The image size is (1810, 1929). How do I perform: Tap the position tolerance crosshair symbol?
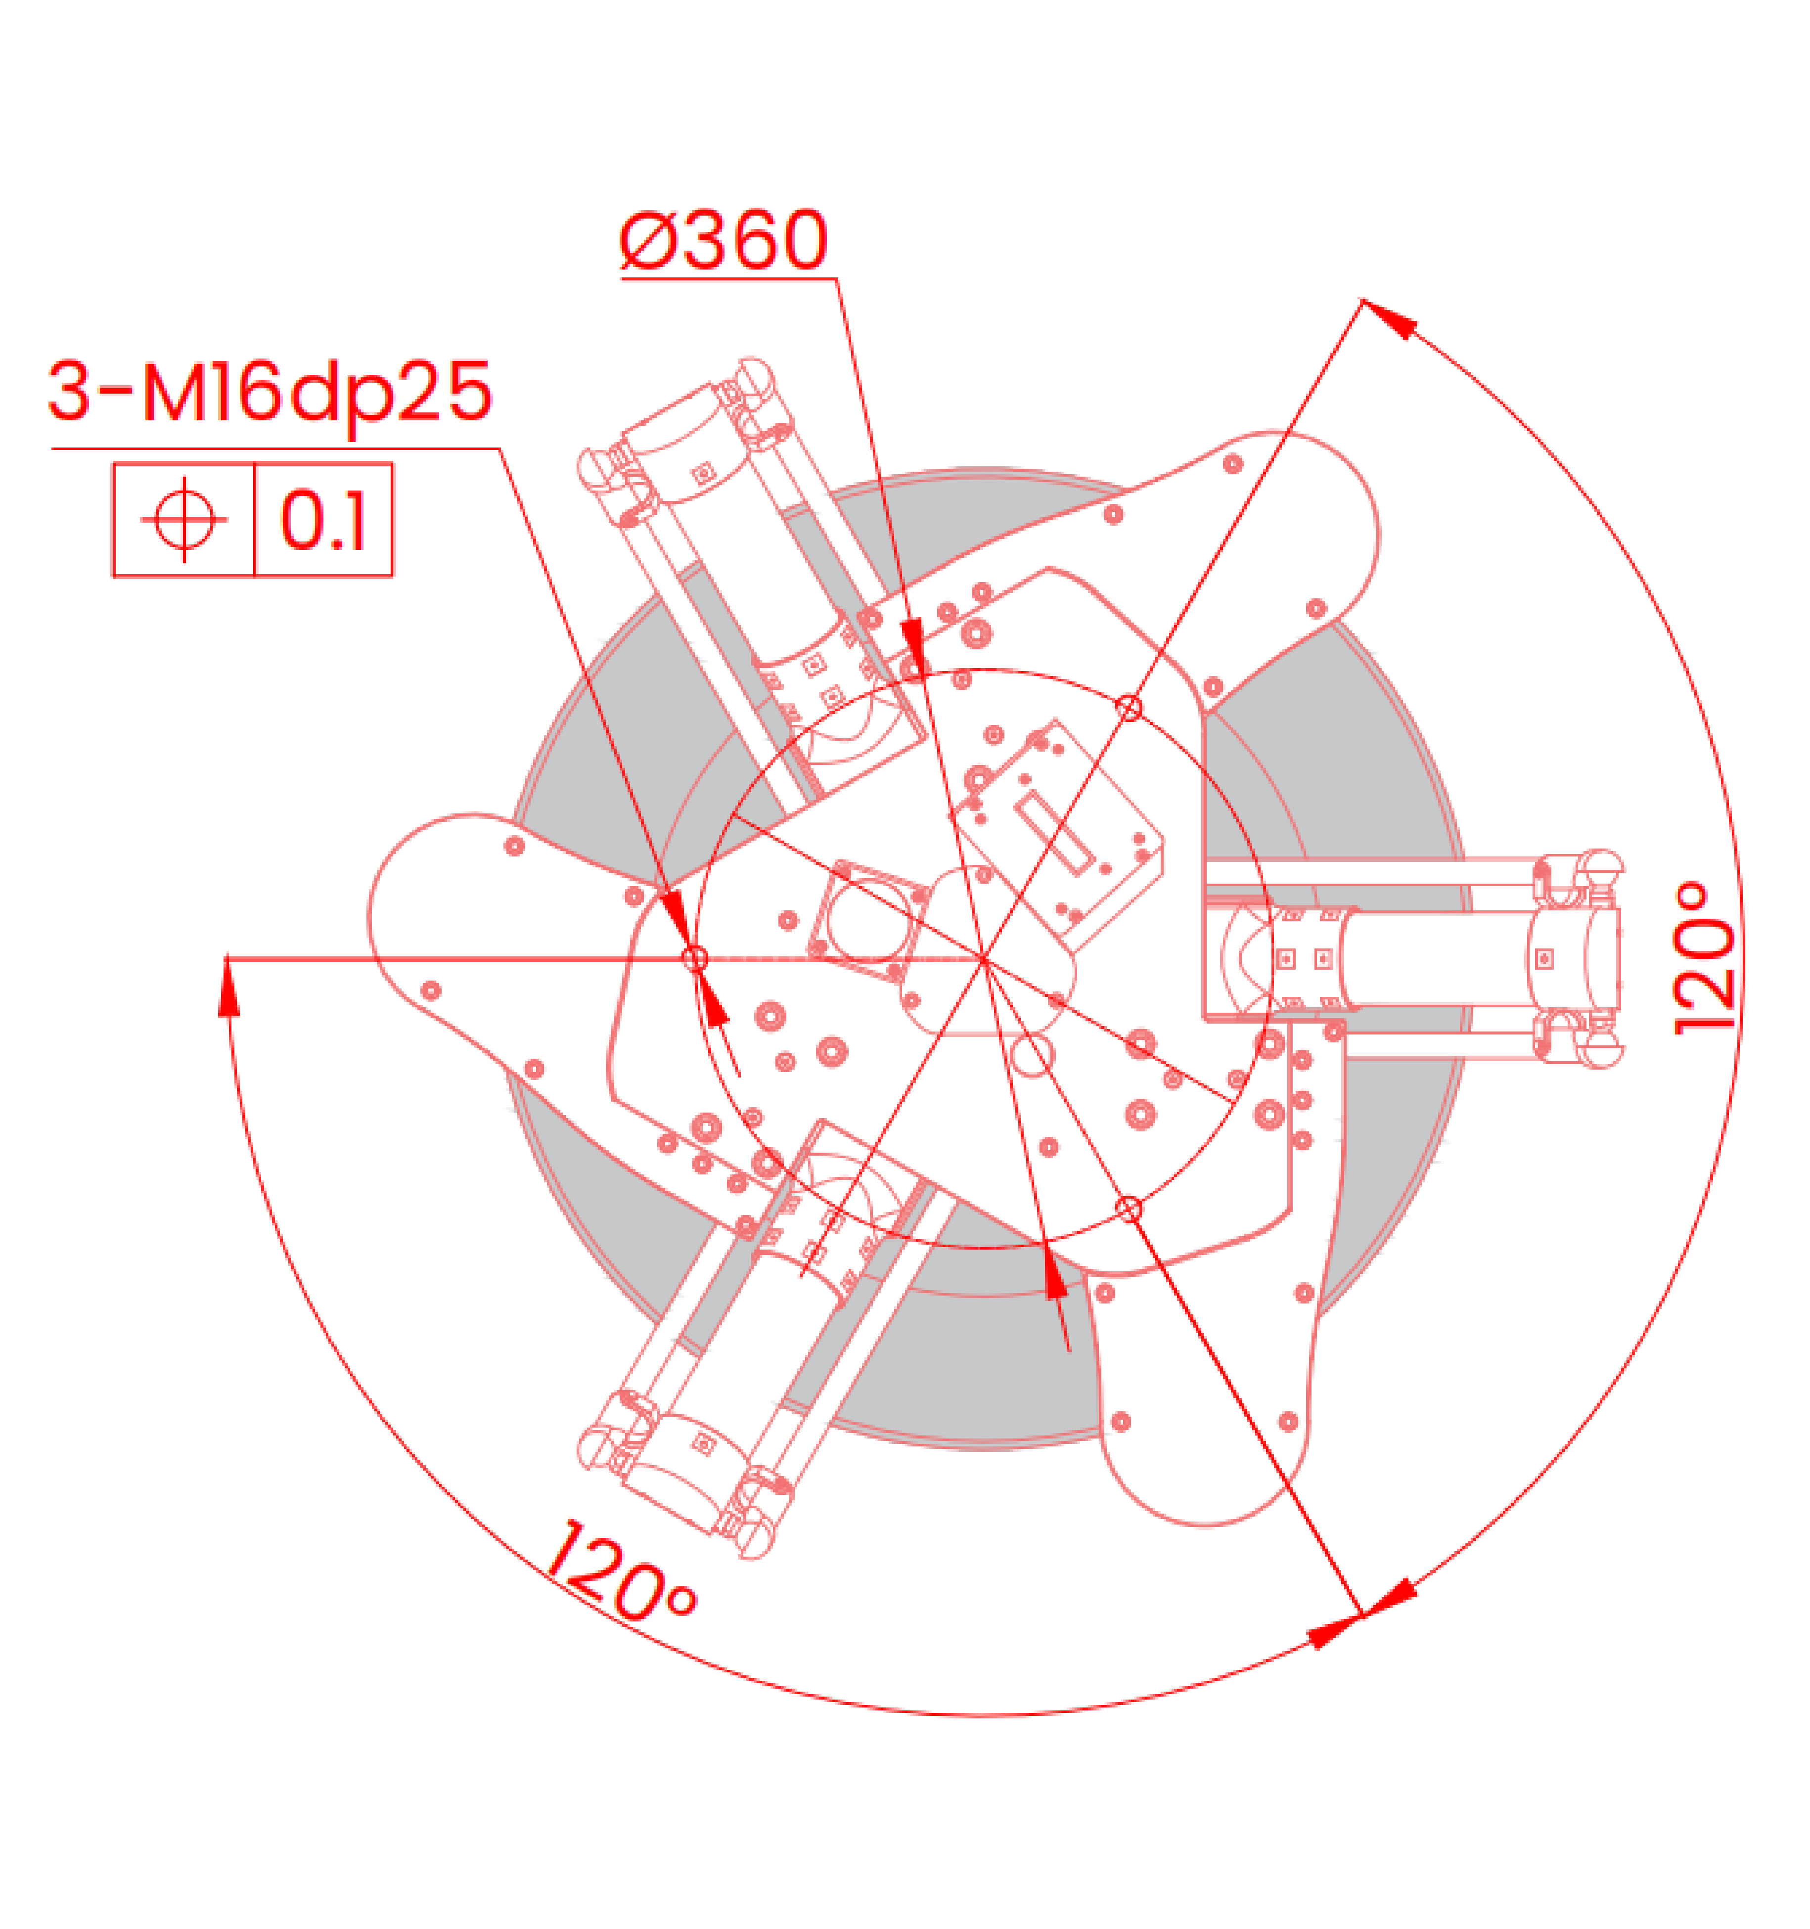tap(184, 519)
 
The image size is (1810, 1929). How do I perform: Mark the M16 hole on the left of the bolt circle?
tap(695, 959)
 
